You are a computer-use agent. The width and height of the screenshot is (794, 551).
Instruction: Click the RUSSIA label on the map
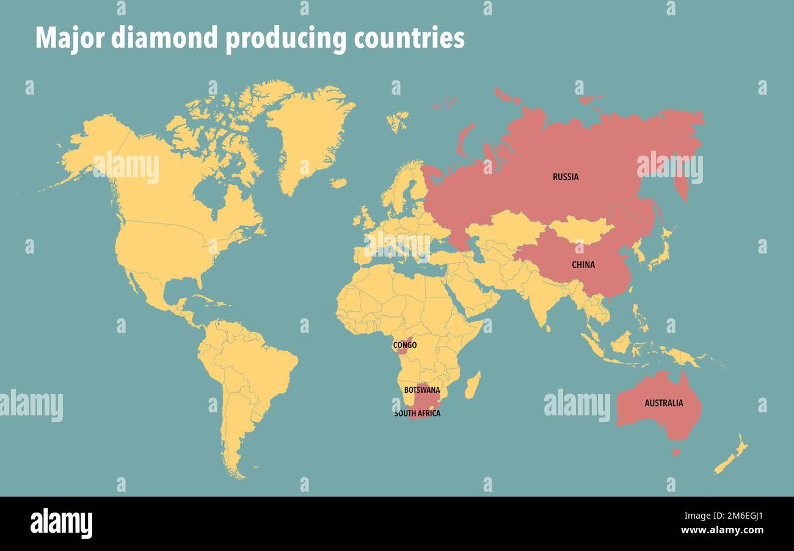click(x=566, y=177)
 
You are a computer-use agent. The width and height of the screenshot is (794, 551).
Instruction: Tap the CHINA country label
click(x=583, y=265)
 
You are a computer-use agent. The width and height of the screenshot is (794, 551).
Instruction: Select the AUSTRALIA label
click(x=663, y=403)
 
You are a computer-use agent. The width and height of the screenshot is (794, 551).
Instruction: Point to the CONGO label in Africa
click(x=404, y=346)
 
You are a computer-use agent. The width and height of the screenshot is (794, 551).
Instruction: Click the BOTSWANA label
click(x=421, y=390)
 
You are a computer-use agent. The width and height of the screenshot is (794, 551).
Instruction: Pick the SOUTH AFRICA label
click(x=417, y=414)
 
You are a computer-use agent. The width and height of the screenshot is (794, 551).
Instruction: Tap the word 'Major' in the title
click(x=69, y=38)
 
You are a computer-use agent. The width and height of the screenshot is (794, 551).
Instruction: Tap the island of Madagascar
click(x=472, y=385)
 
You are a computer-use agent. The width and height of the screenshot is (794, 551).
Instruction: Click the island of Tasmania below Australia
click(x=676, y=453)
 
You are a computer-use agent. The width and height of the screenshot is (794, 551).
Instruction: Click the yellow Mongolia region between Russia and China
click(x=580, y=228)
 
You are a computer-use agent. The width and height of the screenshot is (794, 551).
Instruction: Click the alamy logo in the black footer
click(x=61, y=524)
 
